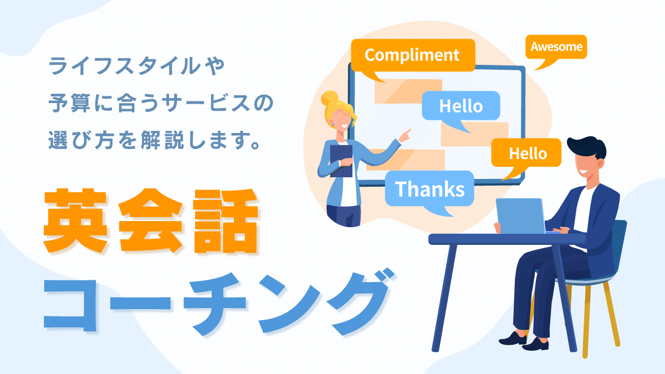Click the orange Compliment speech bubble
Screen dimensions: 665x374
(x=413, y=55)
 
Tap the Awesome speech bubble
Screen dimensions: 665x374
(x=556, y=47)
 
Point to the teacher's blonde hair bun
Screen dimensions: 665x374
(x=330, y=98)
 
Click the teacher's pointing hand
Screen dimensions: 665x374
(x=405, y=136)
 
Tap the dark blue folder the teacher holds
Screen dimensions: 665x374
(x=341, y=161)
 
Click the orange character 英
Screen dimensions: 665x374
(x=75, y=221)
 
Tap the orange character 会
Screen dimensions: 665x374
(x=150, y=221)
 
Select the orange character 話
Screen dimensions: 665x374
(x=225, y=221)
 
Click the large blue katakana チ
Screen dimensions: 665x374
(x=214, y=303)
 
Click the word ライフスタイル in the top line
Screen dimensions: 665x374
(x=125, y=66)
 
